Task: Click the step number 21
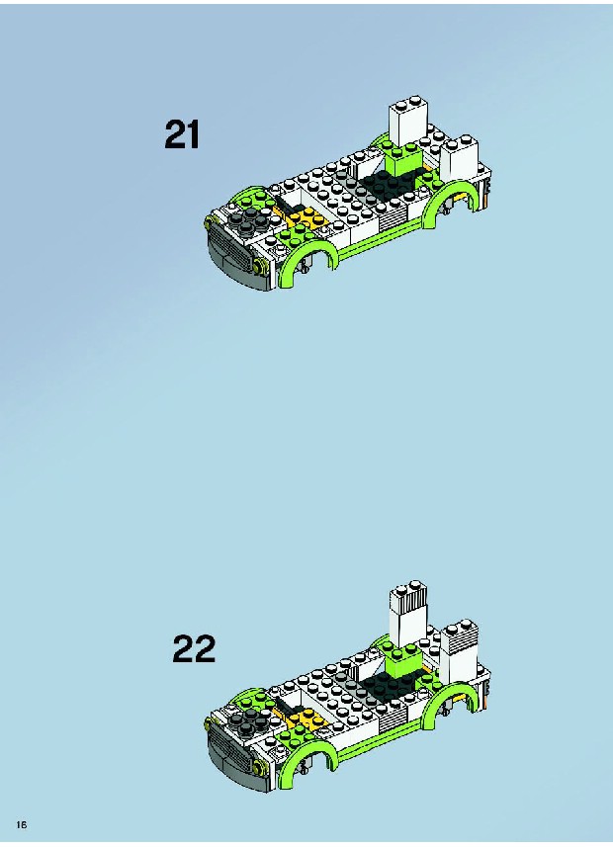point(182,134)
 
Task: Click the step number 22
point(194,648)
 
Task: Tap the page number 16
point(22,824)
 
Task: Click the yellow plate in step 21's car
point(302,216)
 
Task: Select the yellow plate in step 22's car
point(303,719)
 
